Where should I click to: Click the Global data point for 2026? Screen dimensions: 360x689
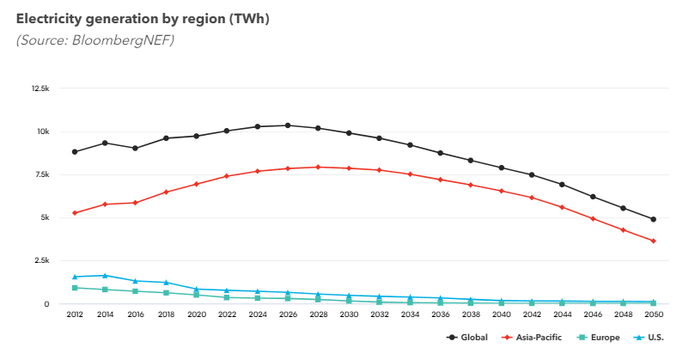click(x=288, y=125)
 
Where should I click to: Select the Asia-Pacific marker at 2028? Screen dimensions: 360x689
click(x=318, y=167)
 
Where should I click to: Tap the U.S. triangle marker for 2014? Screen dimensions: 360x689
click(x=105, y=275)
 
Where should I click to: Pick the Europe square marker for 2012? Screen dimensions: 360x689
click(x=75, y=288)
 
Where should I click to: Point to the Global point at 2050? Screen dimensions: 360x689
click(x=653, y=219)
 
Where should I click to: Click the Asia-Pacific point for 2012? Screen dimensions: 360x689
click(x=75, y=212)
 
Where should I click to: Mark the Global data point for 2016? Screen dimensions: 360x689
click(x=135, y=148)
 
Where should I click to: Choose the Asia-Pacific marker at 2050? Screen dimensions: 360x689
click(x=653, y=241)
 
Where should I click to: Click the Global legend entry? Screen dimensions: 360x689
click(x=467, y=338)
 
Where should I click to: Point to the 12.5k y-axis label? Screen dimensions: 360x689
click(x=40, y=88)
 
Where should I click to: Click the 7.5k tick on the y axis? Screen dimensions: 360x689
click(x=43, y=174)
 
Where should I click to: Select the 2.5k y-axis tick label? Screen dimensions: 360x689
click(x=43, y=260)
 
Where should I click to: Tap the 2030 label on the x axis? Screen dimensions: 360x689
click(x=348, y=315)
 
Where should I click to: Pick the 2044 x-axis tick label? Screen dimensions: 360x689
click(x=562, y=315)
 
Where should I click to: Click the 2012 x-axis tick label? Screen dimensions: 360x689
click(x=75, y=315)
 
